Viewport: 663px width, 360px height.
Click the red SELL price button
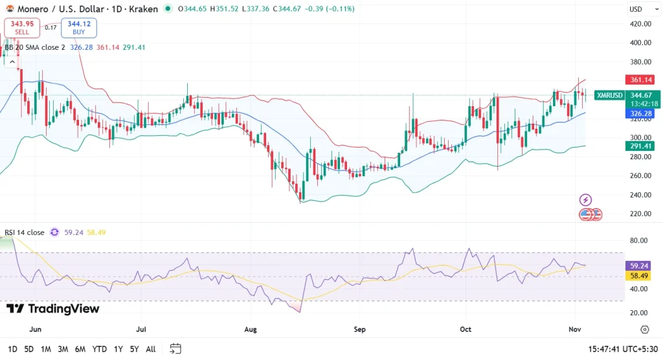click(x=21, y=27)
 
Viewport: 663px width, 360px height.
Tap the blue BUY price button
click(x=79, y=27)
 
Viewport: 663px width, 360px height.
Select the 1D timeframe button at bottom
click(x=12, y=349)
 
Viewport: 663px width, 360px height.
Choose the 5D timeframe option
click(x=29, y=349)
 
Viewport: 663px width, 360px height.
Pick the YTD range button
click(x=99, y=349)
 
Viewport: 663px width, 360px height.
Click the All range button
click(x=150, y=349)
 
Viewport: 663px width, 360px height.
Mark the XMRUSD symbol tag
click(x=609, y=95)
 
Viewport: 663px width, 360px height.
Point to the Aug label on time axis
click(x=251, y=330)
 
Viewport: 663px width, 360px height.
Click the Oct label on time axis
click(x=466, y=330)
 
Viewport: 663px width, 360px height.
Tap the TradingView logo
click(x=53, y=309)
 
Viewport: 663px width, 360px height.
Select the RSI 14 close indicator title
click(x=24, y=232)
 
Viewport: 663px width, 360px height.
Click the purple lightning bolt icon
click(x=585, y=200)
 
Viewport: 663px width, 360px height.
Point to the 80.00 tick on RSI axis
click(x=640, y=240)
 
